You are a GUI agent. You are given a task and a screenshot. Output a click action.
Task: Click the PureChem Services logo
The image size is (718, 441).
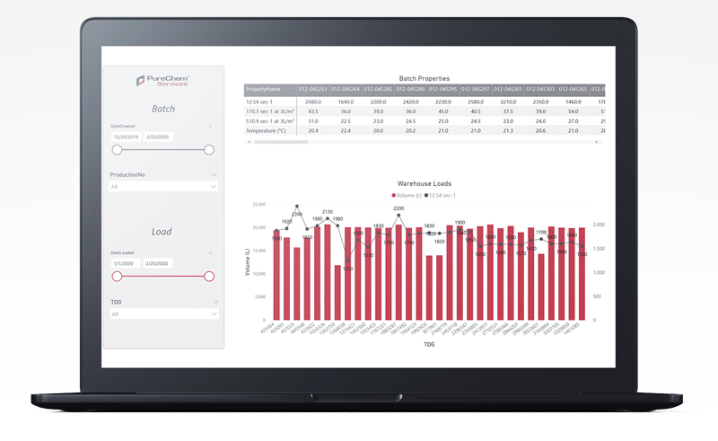pyautogui.click(x=162, y=81)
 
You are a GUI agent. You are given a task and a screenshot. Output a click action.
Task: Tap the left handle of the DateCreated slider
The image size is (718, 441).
pyautogui.click(x=117, y=150)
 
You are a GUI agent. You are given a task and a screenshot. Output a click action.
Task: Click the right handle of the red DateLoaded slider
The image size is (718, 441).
pyautogui.click(x=209, y=277)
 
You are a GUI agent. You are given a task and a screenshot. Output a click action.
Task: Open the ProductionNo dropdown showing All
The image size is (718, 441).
pyautogui.click(x=162, y=187)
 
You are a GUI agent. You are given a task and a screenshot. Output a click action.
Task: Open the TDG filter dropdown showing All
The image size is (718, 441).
pyautogui.click(x=162, y=314)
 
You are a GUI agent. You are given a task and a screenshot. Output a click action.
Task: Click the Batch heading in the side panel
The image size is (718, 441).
pyautogui.click(x=162, y=109)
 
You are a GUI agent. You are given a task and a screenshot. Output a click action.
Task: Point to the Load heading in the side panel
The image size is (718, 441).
pyautogui.click(x=162, y=232)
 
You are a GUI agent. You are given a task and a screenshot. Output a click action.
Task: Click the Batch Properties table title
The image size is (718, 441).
pyautogui.click(x=424, y=79)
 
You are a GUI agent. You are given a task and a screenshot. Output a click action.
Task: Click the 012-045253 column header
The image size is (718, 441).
pyautogui.click(x=311, y=90)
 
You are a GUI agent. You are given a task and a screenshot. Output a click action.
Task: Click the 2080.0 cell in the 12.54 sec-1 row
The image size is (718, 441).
pyautogui.click(x=312, y=101)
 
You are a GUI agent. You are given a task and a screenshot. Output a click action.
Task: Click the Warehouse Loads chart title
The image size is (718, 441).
pyautogui.click(x=424, y=183)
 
